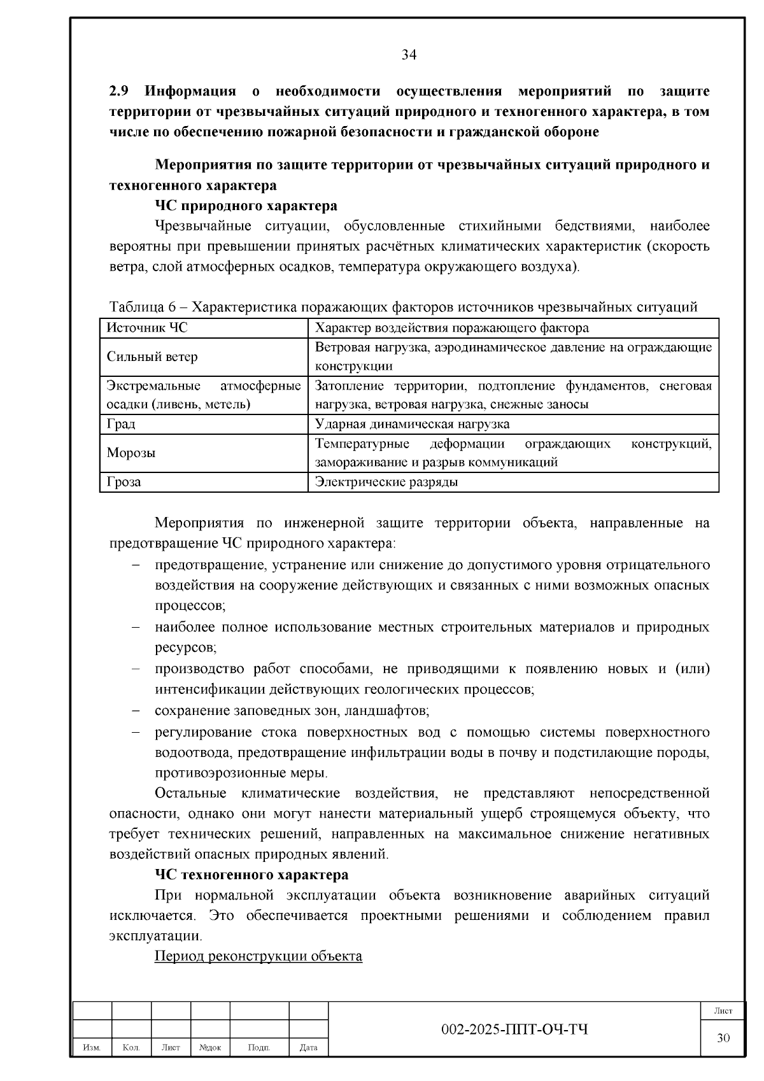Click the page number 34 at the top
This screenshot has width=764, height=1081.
[x=409, y=55]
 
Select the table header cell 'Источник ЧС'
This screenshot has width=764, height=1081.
[x=147, y=328]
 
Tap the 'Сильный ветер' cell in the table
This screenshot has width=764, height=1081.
[x=152, y=357]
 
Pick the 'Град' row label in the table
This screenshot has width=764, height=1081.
[x=121, y=424]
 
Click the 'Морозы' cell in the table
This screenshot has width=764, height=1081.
[x=131, y=453]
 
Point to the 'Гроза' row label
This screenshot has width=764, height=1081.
[x=124, y=482]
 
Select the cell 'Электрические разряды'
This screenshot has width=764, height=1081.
[x=386, y=482]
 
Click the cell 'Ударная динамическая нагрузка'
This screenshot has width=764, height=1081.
[x=412, y=424]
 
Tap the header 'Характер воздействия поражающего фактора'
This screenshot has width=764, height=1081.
[x=452, y=328]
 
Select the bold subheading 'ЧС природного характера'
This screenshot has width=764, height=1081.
[x=246, y=206]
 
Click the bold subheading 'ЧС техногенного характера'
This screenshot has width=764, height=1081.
[x=251, y=875]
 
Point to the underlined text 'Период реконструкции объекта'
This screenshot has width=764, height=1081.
[x=258, y=956]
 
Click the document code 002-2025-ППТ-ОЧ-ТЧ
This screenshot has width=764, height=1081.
[x=514, y=1030]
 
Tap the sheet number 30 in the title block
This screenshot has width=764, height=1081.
[x=723, y=1038]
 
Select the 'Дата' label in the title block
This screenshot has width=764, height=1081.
[x=309, y=1047]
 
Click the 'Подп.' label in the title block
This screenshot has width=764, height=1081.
[x=259, y=1047]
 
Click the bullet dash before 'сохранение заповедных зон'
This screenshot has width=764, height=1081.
[x=136, y=710]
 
